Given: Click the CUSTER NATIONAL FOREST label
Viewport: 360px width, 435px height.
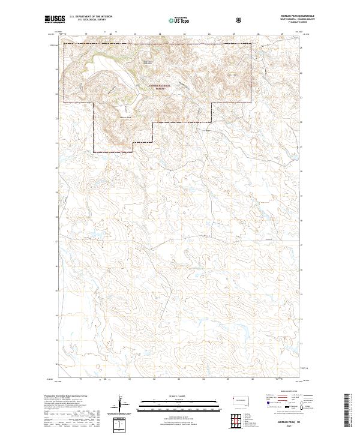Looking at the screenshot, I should [160, 87].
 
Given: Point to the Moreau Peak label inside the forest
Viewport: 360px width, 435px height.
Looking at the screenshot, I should [125, 118].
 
